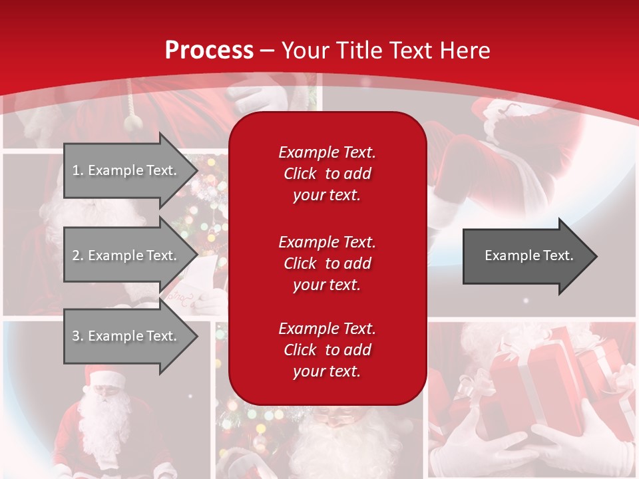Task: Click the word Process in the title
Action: [209, 51]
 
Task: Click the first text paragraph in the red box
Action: [327, 174]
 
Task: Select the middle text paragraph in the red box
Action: [327, 263]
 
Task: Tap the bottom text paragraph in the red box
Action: [327, 350]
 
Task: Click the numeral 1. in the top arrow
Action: [78, 170]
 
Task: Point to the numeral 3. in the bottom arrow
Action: [78, 336]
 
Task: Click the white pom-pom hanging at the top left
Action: [134, 121]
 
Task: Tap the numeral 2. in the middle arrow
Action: [78, 255]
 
